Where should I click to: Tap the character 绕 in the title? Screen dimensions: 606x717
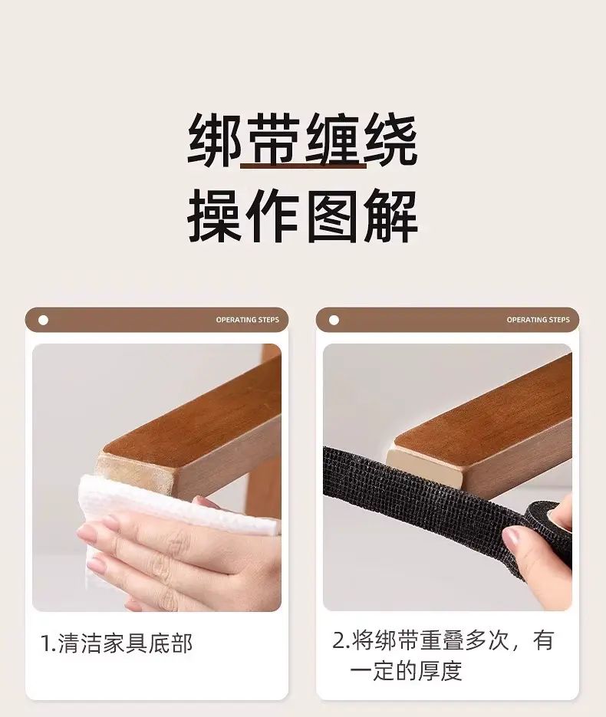(x=390, y=140)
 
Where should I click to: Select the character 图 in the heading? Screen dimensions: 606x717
(x=332, y=215)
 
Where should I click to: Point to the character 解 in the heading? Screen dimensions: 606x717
(x=391, y=215)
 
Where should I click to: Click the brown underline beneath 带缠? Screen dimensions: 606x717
(x=303, y=165)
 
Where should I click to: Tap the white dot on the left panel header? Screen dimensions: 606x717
(x=44, y=320)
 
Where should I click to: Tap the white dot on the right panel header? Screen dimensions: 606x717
(x=334, y=320)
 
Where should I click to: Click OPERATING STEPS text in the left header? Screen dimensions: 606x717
(x=248, y=320)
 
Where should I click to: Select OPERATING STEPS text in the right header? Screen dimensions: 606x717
(x=538, y=320)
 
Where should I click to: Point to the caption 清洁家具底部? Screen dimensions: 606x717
(x=125, y=643)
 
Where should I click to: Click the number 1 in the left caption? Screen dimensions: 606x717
(x=46, y=644)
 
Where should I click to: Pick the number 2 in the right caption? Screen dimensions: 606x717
(x=339, y=640)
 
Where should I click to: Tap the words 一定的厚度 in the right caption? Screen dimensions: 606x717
(x=406, y=670)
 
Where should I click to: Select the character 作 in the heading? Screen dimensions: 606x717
(x=273, y=215)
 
